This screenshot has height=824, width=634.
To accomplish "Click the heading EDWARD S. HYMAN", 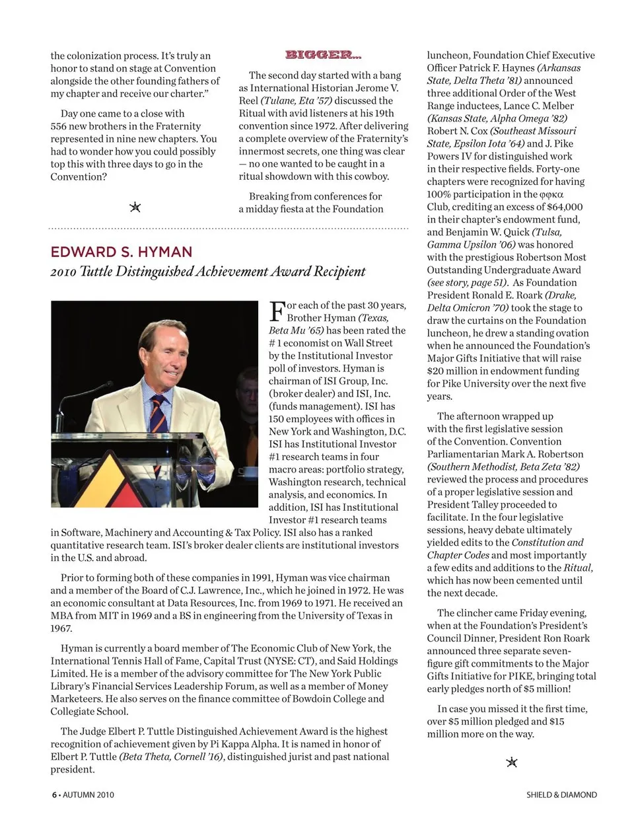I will click(122, 252).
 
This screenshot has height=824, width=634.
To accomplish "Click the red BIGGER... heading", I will click(323, 55).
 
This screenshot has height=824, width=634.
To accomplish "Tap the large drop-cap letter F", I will click(277, 311).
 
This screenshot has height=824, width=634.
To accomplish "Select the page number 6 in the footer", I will click(54, 795).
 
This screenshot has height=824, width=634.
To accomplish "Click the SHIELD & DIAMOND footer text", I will click(561, 795).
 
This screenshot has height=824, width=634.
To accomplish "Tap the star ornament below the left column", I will click(135, 207).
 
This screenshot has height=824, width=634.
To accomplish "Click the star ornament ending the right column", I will click(511, 763).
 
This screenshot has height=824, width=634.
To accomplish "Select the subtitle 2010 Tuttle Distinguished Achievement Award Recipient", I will click(208, 272).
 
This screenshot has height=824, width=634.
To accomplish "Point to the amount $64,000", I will click(565, 207).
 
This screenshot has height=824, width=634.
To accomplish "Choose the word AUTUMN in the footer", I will click(80, 795).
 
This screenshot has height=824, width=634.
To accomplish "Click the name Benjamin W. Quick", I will click(478, 232).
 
